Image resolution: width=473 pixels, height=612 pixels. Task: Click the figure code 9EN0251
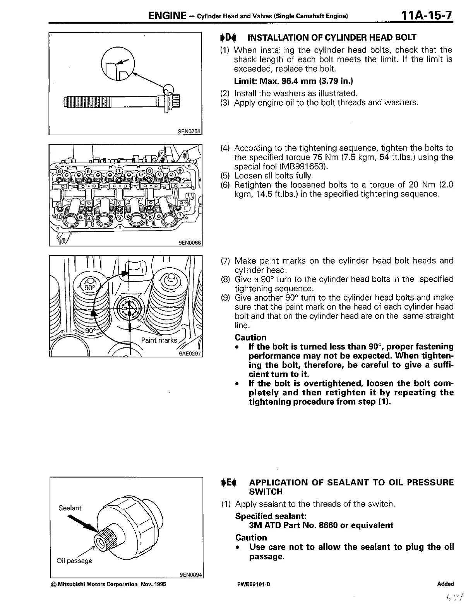[x=189, y=131]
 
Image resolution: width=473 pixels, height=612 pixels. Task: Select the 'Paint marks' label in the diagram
[x=159, y=340]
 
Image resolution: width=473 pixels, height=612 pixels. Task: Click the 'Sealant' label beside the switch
[x=70, y=508]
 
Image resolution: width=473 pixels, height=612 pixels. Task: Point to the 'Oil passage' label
[x=74, y=561]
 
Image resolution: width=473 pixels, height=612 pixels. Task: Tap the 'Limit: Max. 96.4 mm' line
[x=293, y=81]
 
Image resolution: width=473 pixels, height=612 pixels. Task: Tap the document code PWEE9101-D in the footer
[x=254, y=584]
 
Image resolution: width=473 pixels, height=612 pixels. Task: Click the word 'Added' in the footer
[x=445, y=584]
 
